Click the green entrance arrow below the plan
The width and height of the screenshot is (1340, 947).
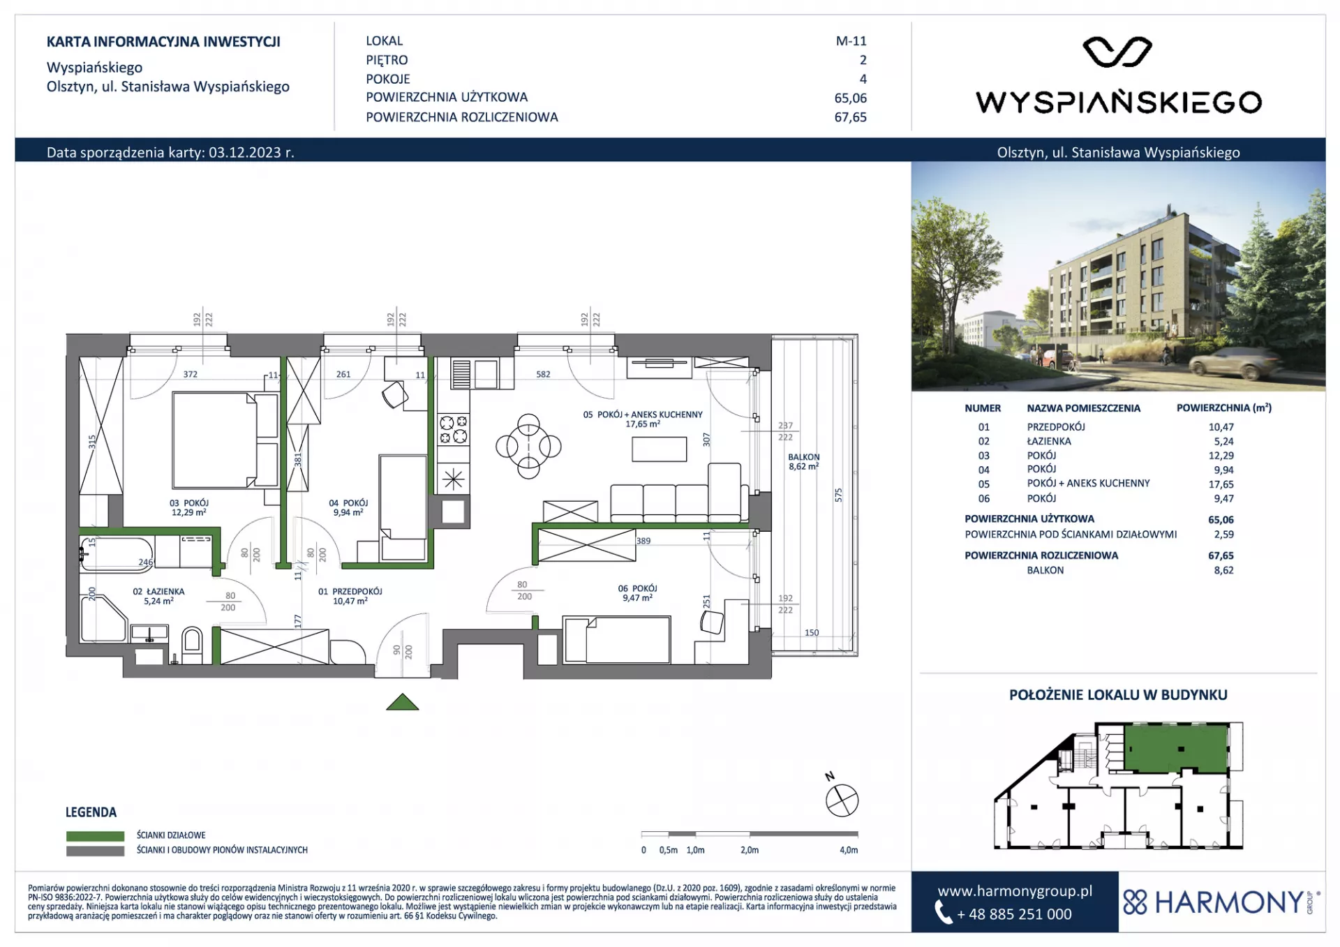(x=403, y=702)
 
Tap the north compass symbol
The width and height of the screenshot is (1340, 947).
(x=842, y=800)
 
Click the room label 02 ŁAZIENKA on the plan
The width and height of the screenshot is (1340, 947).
(x=158, y=592)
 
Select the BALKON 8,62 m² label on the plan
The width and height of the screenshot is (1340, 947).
(x=804, y=461)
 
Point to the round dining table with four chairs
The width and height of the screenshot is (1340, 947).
(x=528, y=446)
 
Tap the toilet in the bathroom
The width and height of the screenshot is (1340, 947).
(x=191, y=645)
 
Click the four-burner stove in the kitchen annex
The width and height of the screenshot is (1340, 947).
(x=452, y=429)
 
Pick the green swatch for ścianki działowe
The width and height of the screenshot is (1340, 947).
(x=95, y=835)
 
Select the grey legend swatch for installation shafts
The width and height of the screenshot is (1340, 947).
(x=95, y=851)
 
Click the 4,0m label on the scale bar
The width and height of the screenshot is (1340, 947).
(x=849, y=850)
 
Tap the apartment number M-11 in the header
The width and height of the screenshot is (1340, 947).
(x=851, y=41)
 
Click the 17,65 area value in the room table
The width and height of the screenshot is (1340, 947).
(x=1221, y=484)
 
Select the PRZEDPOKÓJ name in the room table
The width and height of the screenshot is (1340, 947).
(x=1056, y=427)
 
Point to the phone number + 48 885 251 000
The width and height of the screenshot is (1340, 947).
(x=1014, y=914)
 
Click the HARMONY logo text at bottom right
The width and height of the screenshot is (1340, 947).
(x=1229, y=902)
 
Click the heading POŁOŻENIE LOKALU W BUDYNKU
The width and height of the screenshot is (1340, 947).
(x=1118, y=695)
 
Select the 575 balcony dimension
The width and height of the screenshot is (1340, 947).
(x=839, y=495)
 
